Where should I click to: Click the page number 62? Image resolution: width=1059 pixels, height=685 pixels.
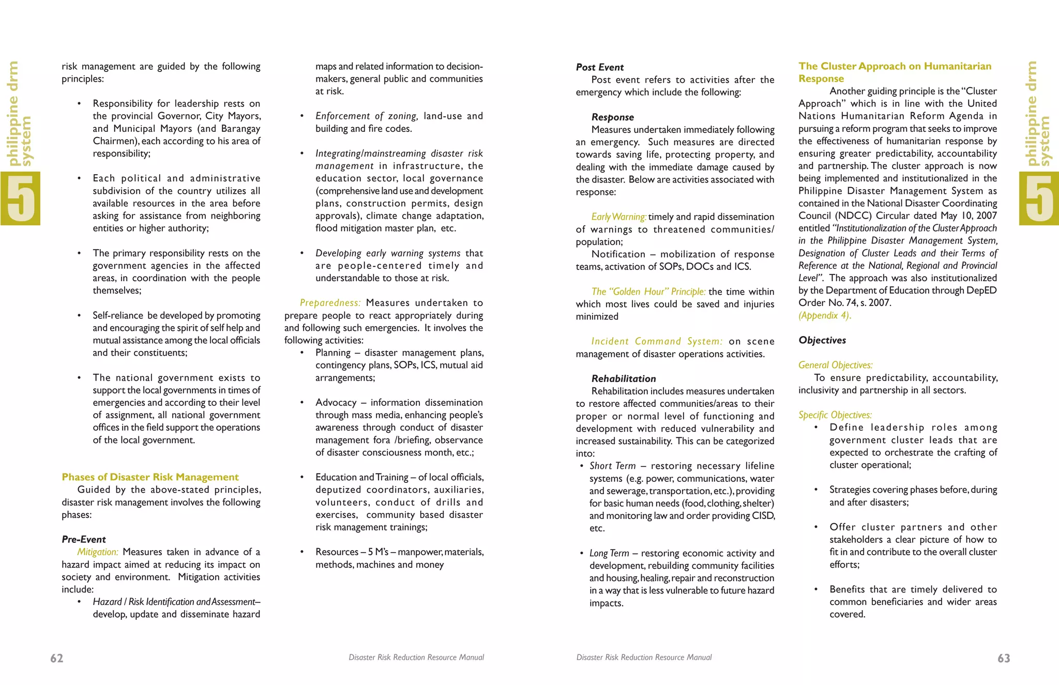[56, 658]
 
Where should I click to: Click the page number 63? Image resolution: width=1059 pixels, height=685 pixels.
[1004, 658]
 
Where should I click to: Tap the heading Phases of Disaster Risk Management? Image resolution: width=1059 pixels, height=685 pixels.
[150, 477]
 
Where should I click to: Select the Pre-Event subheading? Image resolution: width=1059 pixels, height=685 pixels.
[84, 539]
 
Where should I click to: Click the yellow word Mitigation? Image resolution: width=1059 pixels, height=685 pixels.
[98, 552]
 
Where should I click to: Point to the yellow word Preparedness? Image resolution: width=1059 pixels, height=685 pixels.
[330, 302]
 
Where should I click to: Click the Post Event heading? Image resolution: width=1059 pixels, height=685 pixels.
[600, 67]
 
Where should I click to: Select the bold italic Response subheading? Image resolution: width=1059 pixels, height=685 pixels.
[612, 117]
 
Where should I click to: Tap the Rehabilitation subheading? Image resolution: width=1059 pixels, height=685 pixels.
[624, 378]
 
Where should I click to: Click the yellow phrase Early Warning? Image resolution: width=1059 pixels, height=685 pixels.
[618, 217]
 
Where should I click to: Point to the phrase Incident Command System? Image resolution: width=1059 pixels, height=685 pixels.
[657, 341]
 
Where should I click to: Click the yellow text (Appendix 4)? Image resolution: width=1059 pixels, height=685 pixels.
[824, 315]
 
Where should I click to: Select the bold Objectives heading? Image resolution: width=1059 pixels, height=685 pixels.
[822, 340]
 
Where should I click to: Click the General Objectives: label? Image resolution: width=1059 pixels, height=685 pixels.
[835, 365]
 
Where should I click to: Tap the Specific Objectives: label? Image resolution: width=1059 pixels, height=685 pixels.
[835, 415]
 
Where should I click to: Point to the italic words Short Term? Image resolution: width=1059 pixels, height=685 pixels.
[612, 466]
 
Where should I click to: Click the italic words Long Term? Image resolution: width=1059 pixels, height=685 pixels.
[609, 553]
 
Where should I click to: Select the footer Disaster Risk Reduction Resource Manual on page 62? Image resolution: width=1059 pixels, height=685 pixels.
[416, 657]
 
